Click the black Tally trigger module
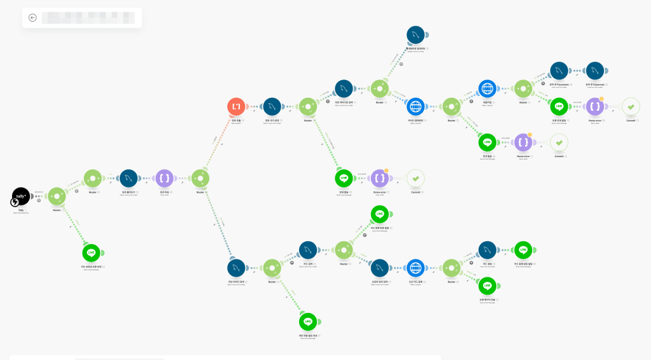point(21,196)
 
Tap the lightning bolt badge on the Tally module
point(15,202)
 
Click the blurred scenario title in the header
point(88,18)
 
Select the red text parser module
point(237,106)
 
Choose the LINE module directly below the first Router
point(92,253)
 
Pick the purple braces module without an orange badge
point(164,178)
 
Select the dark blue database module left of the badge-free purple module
point(129,178)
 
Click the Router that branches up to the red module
point(200,178)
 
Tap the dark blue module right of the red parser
point(272,106)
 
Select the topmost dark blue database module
point(415,35)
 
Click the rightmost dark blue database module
point(594,70)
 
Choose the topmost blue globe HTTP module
point(487,88)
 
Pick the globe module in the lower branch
point(415,268)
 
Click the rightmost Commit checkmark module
point(631,106)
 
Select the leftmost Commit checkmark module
point(416,178)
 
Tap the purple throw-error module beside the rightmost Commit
point(594,106)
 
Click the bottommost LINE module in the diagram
point(308,322)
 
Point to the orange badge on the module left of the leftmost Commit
point(386,171)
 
